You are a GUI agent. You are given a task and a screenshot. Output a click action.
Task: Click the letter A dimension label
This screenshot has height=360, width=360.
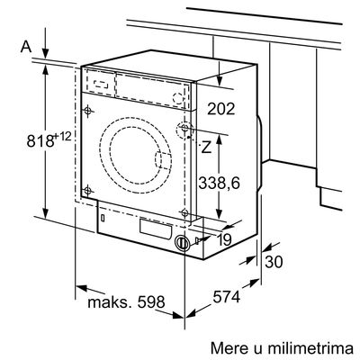(26, 47)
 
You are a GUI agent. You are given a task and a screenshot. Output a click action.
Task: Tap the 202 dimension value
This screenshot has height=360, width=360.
(221, 109)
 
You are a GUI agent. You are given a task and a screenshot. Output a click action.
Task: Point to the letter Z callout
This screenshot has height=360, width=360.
(206, 147)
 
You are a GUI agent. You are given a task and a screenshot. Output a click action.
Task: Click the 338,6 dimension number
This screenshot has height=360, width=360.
(220, 183)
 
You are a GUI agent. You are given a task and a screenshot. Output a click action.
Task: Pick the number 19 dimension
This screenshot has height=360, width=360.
(224, 239)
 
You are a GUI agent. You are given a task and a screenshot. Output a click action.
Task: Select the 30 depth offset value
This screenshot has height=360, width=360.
(274, 261)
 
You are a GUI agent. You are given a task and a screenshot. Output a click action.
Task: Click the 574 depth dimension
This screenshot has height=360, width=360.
(227, 297)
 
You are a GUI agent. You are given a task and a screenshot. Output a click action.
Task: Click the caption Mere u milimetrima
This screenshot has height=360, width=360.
(282, 348)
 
